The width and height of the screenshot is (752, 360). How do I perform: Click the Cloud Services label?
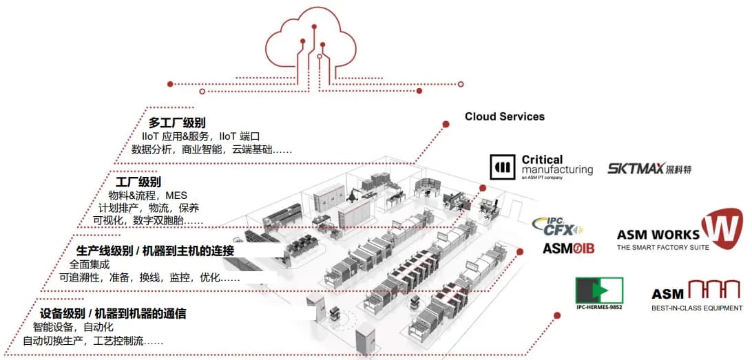point(504,116)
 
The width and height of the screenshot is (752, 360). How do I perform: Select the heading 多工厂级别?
point(177,123)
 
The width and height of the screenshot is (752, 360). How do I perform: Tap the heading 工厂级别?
point(138,182)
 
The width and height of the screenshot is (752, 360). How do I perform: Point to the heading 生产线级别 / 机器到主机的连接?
point(155,251)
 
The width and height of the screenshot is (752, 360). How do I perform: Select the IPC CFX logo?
point(557,226)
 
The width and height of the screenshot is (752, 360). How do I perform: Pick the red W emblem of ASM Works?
point(722,229)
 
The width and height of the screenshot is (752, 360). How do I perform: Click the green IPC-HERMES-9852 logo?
point(598,293)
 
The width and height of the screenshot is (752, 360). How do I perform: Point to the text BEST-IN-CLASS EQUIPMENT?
point(697,308)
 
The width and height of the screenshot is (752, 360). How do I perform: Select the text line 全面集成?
point(89,264)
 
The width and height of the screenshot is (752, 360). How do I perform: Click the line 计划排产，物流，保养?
point(149,208)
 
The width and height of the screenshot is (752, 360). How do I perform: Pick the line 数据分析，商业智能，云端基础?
point(211,149)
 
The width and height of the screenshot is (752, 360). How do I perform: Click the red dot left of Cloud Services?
point(446,124)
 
